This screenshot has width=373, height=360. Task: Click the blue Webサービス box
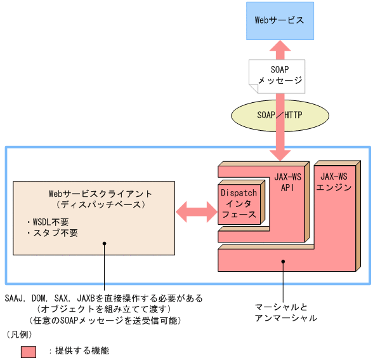click(279, 20)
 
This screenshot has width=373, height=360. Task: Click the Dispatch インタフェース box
click(239, 203)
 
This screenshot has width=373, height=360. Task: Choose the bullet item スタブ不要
click(51, 233)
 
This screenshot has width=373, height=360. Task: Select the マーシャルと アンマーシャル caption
click(285, 312)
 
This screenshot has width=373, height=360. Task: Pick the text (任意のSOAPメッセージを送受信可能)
click(105, 320)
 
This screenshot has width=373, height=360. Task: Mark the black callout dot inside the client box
click(104, 243)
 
